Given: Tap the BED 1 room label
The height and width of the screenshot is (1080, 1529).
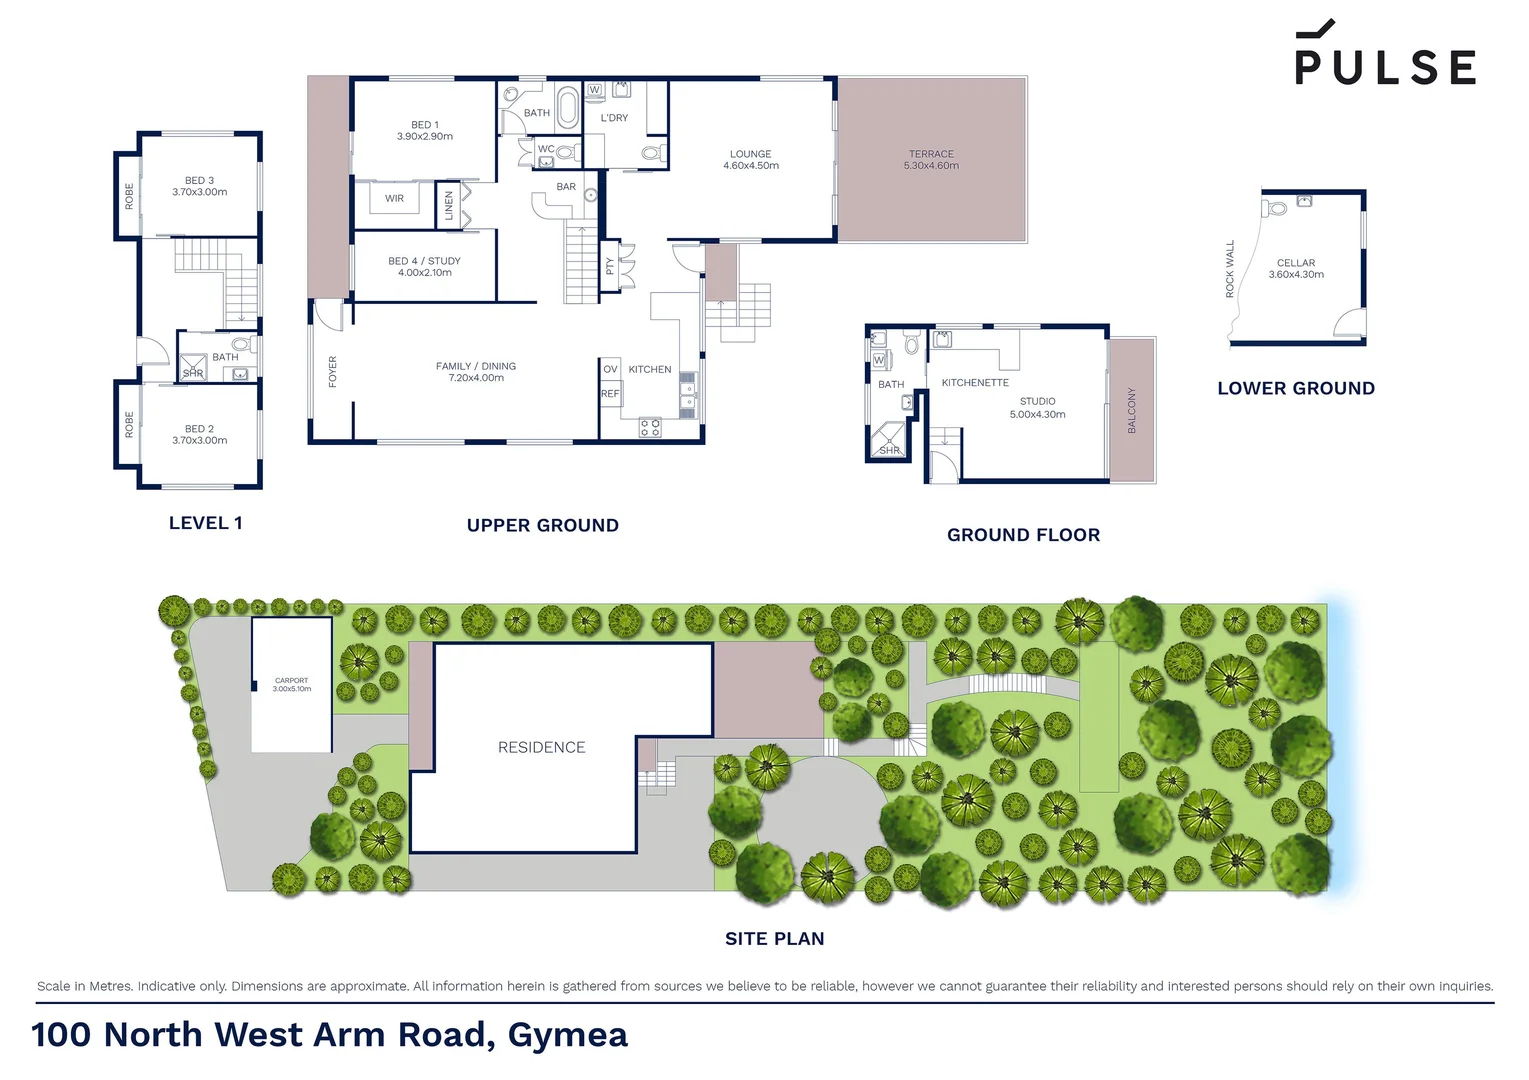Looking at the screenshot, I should click(425, 131).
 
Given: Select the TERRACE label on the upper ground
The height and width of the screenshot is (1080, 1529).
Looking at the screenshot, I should click(931, 160).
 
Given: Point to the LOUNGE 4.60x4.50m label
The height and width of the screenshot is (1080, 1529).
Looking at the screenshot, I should click(751, 160).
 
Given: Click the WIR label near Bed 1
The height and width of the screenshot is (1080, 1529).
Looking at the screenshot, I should click(395, 199).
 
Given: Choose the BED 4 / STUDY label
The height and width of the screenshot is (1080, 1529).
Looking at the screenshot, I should click(425, 266).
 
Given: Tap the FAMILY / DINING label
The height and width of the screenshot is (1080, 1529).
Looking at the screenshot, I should click(476, 372).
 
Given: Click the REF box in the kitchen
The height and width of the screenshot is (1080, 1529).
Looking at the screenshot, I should click(610, 394).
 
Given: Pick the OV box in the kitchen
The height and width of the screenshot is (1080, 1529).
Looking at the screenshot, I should click(610, 369).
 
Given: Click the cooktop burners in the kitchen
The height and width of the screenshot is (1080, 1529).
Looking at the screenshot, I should click(650, 428).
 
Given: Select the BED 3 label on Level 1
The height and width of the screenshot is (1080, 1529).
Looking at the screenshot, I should click(200, 186).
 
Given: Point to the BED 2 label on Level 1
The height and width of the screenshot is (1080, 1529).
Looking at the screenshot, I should click(200, 434).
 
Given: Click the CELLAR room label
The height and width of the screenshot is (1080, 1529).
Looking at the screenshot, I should click(1296, 268).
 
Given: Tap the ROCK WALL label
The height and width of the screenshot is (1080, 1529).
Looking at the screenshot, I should click(1230, 269).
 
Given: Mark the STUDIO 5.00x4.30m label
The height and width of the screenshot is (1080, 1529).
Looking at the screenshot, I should click(1037, 408).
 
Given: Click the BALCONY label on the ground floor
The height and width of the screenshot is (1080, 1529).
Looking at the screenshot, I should click(1132, 410).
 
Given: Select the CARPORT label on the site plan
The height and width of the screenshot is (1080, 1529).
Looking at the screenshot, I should click(292, 684).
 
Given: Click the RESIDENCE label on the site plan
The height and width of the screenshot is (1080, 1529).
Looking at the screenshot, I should click(541, 747).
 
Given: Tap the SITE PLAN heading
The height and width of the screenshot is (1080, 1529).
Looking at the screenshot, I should click(775, 939).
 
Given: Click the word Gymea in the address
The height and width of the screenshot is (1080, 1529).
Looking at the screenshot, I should click(568, 1035).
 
